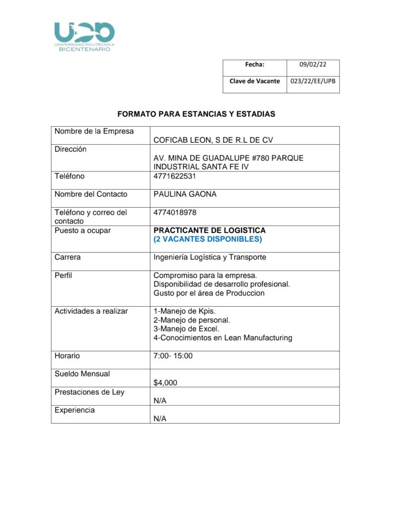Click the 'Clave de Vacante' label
tap(254, 81)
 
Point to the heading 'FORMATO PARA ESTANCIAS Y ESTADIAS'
tap(196, 114)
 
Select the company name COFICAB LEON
tap(214, 140)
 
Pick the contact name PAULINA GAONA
tap(185, 194)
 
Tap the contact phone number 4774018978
tap(175, 213)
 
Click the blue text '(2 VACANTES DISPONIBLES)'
tap(208, 240)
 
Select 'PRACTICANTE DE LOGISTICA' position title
tap(210, 231)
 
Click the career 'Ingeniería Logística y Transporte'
tap(210, 257)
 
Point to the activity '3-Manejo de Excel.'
tap(186, 329)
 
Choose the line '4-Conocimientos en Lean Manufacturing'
tap(223, 338)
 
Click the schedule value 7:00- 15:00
tap(173, 356)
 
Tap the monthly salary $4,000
tap(165, 383)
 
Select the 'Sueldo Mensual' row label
tap(82, 374)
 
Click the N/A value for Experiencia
tap(160, 419)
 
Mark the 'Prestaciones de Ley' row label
tap(89, 392)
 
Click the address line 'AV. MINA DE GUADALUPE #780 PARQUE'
tap(229, 158)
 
